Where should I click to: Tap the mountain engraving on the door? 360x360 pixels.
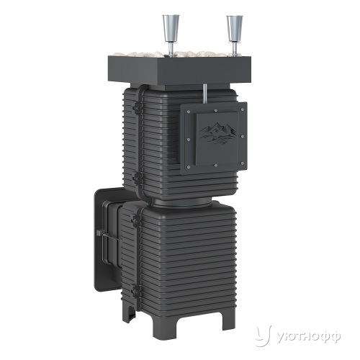[218, 133]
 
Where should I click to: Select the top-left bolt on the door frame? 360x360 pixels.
[188, 112]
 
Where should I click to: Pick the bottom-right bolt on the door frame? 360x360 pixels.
[242, 163]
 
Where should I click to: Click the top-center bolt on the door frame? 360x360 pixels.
[216, 111]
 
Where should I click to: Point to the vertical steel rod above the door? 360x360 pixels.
[206, 94]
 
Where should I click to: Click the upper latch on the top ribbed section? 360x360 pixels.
[137, 108]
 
